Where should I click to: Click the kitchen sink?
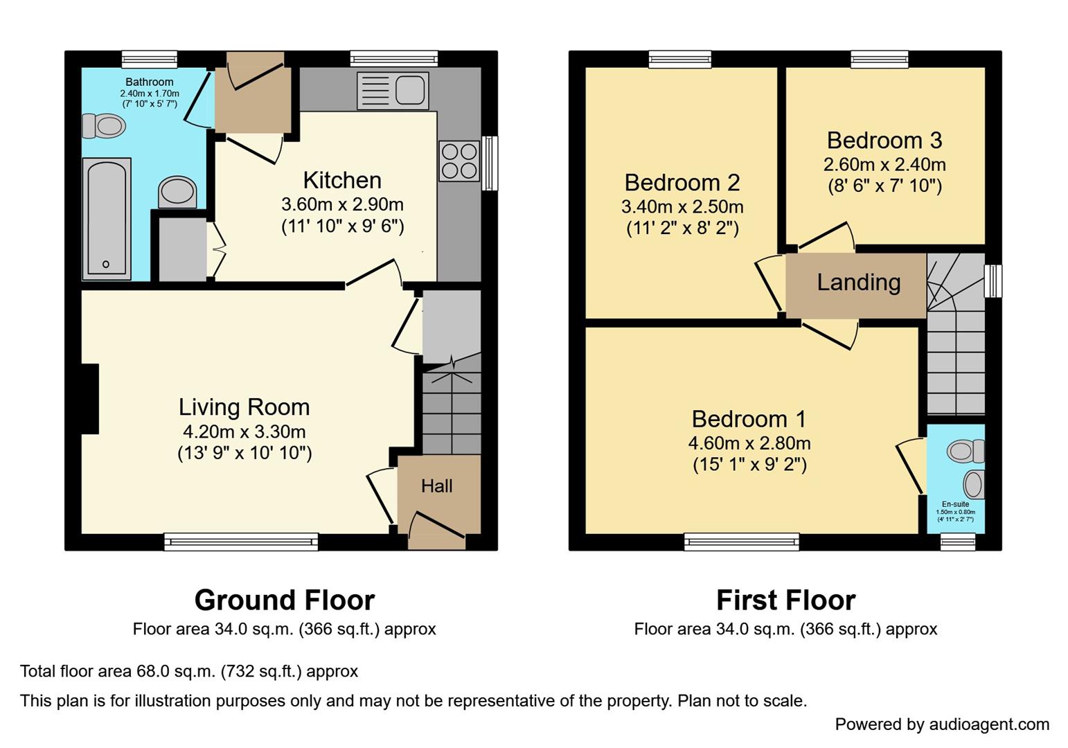click(393, 91)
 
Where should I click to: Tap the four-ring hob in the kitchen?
click(459, 161)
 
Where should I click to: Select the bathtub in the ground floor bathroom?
click(106, 219)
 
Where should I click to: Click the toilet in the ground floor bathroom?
click(104, 126)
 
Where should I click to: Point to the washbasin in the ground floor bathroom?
click(177, 191)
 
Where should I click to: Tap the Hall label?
click(437, 486)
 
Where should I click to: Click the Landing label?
click(858, 283)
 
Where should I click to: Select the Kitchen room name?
click(342, 180)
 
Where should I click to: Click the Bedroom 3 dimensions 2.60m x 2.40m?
click(884, 165)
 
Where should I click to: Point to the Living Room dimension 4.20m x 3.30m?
click(244, 432)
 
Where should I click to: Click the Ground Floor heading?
click(284, 600)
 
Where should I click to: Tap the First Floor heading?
click(785, 600)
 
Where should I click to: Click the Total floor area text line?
click(189, 671)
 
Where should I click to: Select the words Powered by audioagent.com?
click(942, 724)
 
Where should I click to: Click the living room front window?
click(241, 542)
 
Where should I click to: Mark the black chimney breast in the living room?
click(90, 399)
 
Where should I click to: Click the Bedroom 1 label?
click(749, 419)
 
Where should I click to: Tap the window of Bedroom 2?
click(680, 60)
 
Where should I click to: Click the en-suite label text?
click(955, 504)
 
